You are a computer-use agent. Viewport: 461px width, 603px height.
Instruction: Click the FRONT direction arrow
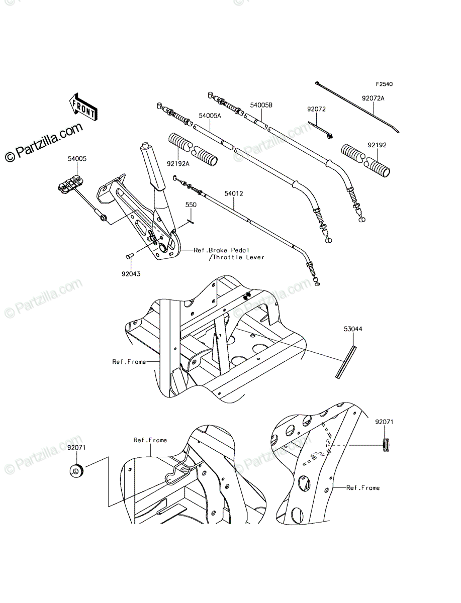(x=83, y=107)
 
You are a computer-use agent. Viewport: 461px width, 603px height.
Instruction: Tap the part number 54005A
(x=210, y=116)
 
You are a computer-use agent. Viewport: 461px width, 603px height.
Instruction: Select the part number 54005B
(x=261, y=105)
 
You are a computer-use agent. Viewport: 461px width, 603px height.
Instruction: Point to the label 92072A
(x=373, y=98)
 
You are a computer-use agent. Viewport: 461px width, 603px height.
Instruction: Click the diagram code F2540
(x=385, y=84)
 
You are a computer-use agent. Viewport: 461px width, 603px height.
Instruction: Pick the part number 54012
(x=234, y=193)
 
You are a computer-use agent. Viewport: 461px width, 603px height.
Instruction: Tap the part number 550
(x=191, y=205)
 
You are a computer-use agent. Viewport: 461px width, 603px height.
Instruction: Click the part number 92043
(x=131, y=274)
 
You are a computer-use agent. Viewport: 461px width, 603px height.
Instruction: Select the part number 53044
(x=353, y=329)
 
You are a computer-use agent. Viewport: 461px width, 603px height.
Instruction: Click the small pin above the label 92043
(x=129, y=256)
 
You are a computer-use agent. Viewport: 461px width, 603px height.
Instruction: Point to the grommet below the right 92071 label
(x=386, y=446)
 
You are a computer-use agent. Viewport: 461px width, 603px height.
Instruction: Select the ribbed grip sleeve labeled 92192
(x=365, y=160)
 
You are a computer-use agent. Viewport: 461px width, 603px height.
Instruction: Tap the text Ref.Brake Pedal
(x=221, y=250)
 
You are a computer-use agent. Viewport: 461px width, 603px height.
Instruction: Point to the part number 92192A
(x=178, y=164)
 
